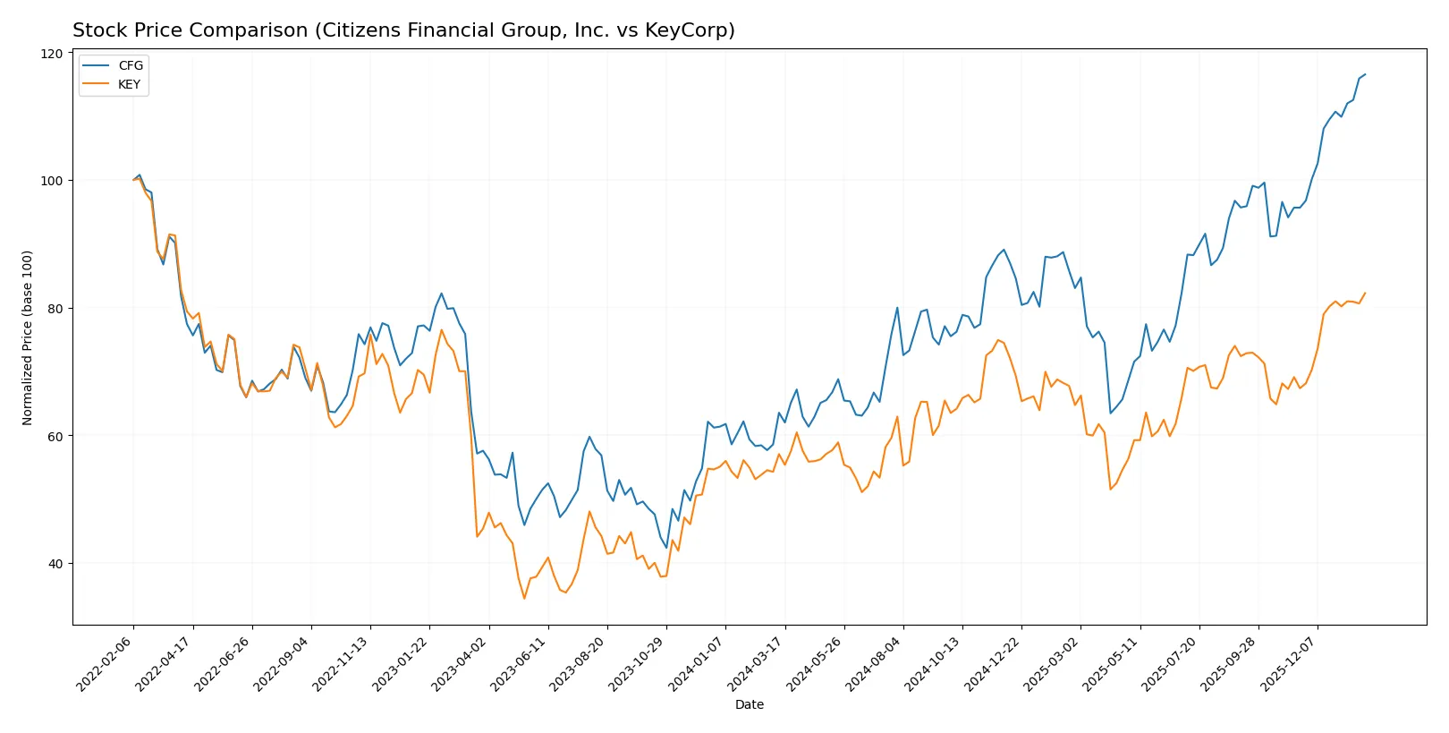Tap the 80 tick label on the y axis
click(x=55, y=309)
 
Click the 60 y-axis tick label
click(x=55, y=436)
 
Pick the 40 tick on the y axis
click(x=55, y=564)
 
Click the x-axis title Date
click(x=749, y=705)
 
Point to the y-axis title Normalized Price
click(x=28, y=337)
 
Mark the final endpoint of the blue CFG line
click(x=1365, y=74)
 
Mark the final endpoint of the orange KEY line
click(x=1365, y=293)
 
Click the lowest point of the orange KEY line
click(x=524, y=598)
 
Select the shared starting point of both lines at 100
click(x=133, y=180)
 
